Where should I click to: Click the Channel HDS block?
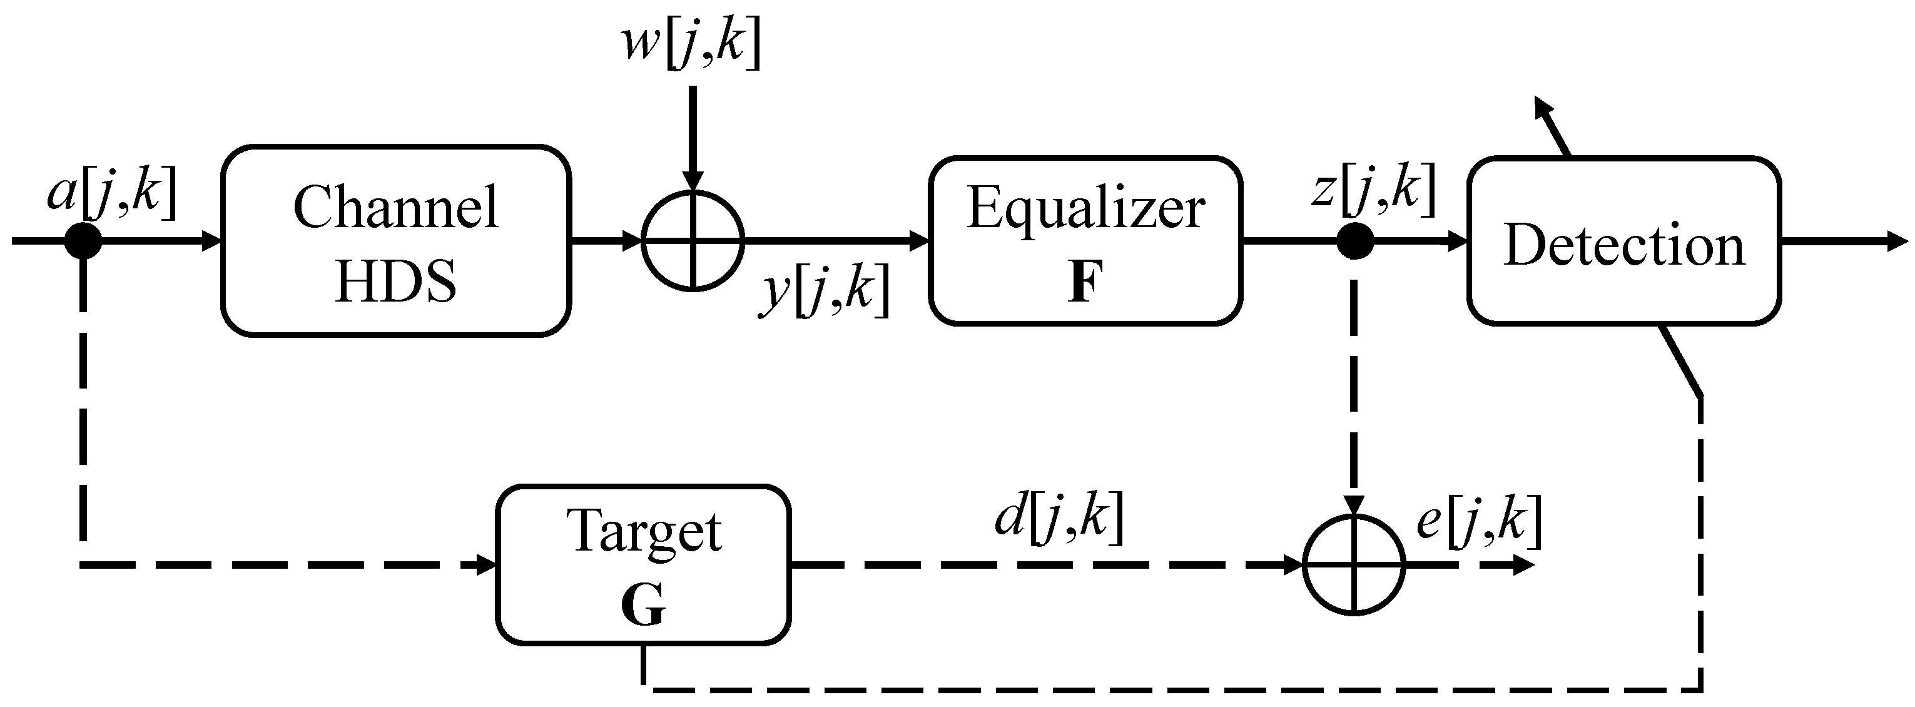pyautogui.click(x=395, y=241)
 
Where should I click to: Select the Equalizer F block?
pyautogui.click(x=1085, y=241)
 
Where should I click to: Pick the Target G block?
pyautogui.click(x=643, y=564)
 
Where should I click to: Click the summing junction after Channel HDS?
pyautogui.click(x=692, y=241)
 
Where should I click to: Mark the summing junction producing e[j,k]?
pyautogui.click(x=1354, y=565)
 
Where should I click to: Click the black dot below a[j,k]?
pyautogui.click(x=83, y=241)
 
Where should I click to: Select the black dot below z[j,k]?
pyautogui.click(x=1354, y=241)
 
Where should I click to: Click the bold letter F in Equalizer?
pyautogui.click(x=1085, y=283)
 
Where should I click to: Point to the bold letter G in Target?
pyautogui.click(x=643, y=606)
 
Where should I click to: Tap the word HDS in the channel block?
pyautogui.click(x=395, y=282)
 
